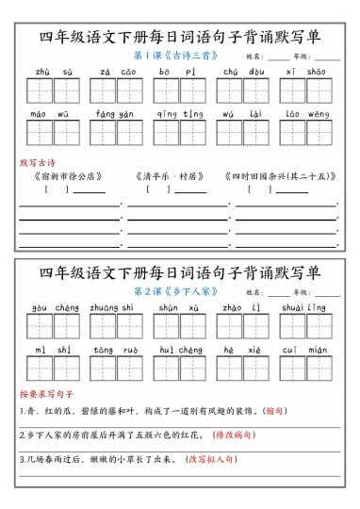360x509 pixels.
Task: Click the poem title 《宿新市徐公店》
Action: coord(67,176)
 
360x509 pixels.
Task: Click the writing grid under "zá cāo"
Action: coord(116,90)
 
